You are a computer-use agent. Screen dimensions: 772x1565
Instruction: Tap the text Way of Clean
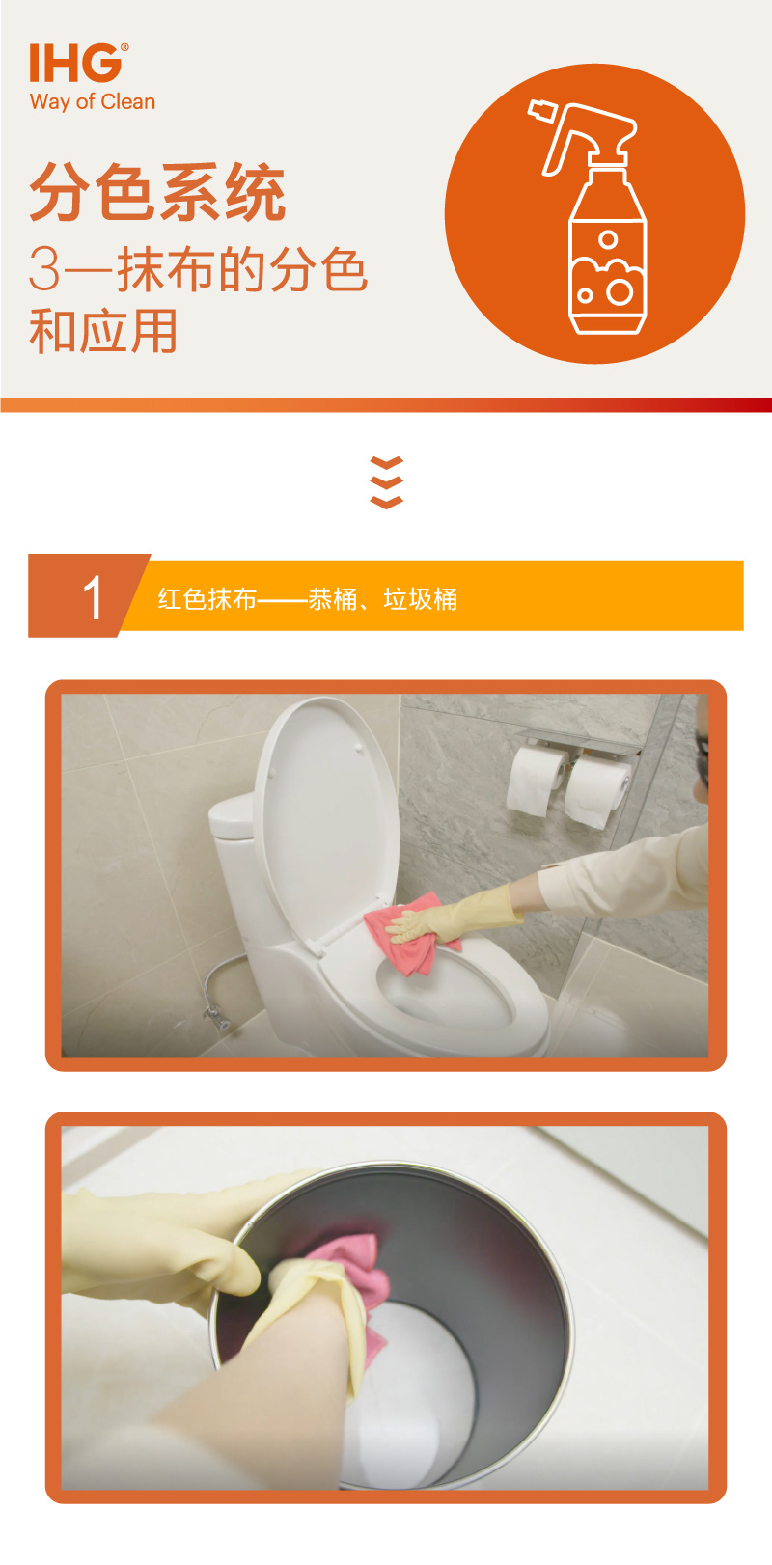pos(93,102)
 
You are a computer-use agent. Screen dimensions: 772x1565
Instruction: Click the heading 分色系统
pos(157,192)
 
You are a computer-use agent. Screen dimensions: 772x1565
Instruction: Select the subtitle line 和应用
pos(102,331)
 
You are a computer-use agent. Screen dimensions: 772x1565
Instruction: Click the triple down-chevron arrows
pos(386,482)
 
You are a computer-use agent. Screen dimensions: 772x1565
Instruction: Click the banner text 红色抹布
pos(207,599)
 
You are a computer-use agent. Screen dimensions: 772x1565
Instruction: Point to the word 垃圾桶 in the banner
pos(421,599)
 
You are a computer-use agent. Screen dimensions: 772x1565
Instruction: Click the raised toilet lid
pos(327,817)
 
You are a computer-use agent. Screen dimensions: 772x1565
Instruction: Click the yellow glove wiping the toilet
pos(455,916)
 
